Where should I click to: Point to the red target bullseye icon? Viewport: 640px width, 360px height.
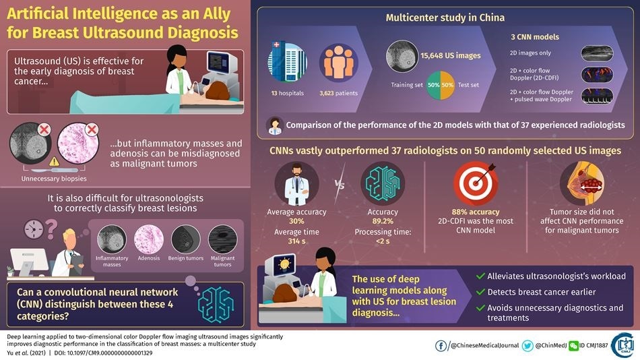click(475, 183)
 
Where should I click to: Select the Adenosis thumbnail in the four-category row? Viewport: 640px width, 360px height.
click(148, 239)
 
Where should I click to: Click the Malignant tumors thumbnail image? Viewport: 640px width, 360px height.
click(222, 239)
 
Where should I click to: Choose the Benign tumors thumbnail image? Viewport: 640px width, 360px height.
click(185, 239)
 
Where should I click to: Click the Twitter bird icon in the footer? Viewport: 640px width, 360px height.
click(527, 345)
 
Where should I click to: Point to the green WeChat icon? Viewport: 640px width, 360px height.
click(573, 345)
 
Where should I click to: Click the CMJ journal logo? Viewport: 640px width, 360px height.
click(622, 344)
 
